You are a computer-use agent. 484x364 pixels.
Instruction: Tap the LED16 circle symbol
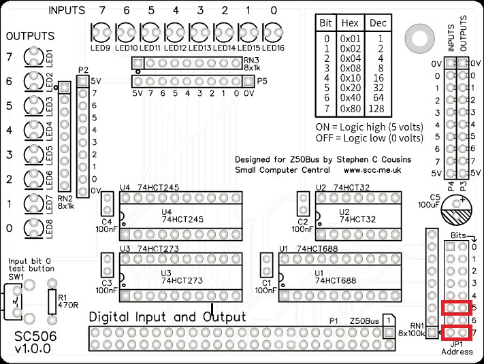(272, 33)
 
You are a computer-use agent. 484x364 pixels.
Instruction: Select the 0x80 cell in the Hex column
(351, 107)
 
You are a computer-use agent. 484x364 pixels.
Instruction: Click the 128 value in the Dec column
(376, 107)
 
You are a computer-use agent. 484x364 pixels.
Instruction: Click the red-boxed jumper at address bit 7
(456, 333)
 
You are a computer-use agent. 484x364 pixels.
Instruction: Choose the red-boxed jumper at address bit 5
(456, 308)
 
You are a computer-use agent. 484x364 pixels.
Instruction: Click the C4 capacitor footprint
(107, 203)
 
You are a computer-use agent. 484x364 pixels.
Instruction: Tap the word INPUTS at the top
(67, 11)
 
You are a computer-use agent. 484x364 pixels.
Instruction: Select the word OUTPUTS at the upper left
(30, 35)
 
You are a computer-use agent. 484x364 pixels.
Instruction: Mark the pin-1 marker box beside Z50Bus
(387, 320)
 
